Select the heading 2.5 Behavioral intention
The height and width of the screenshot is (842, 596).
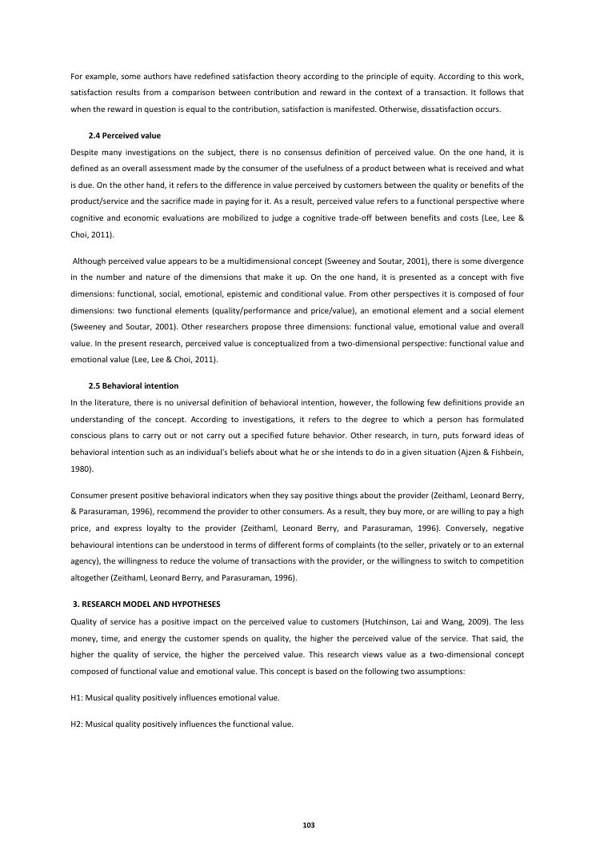pyautogui.click(x=133, y=385)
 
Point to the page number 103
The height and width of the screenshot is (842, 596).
pyautogui.click(x=298, y=824)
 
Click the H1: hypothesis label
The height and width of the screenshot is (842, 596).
pyautogui.click(x=78, y=697)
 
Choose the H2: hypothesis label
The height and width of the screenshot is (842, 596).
pyautogui.click(x=78, y=724)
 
